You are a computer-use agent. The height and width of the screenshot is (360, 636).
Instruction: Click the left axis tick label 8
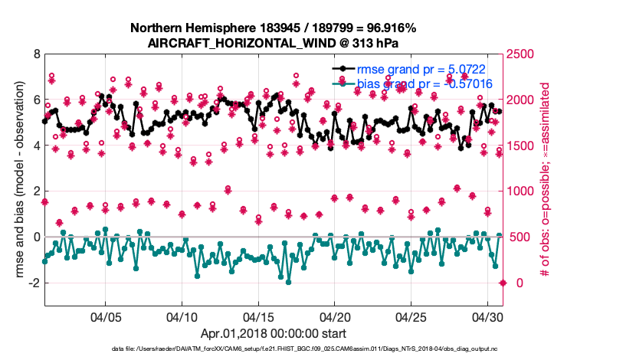[x=35, y=54]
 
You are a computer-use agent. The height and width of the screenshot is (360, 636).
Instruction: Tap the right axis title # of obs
[x=543, y=179]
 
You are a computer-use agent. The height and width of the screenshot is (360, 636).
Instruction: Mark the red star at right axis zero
[x=503, y=283]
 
